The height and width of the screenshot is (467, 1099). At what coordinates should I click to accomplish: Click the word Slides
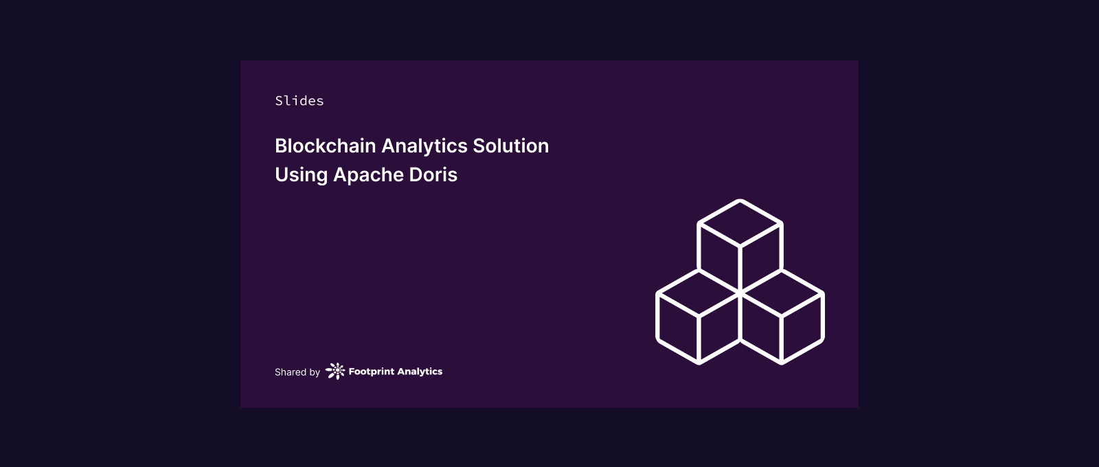(x=299, y=100)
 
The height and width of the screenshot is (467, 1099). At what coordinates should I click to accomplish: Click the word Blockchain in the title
(x=326, y=146)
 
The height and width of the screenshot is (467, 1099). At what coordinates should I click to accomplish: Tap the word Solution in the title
(x=511, y=146)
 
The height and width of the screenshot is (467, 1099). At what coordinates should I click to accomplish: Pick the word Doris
(x=433, y=174)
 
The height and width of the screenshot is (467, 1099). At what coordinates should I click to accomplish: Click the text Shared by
(x=297, y=372)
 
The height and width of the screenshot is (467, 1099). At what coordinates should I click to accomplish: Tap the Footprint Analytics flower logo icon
(x=336, y=372)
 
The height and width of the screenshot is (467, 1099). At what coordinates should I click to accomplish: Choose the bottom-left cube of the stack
(x=699, y=317)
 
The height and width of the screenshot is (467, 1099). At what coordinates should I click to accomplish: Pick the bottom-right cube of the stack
(x=782, y=317)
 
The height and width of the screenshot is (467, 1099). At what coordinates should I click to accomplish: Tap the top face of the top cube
(x=740, y=223)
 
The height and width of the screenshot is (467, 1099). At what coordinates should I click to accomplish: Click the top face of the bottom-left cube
(x=699, y=293)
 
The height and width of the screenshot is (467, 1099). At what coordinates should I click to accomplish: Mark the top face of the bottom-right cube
(x=782, y=293)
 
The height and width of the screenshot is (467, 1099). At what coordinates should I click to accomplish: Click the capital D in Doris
(x=416, y=174)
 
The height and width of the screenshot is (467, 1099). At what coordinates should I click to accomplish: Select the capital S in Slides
(x=279, y=100)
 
